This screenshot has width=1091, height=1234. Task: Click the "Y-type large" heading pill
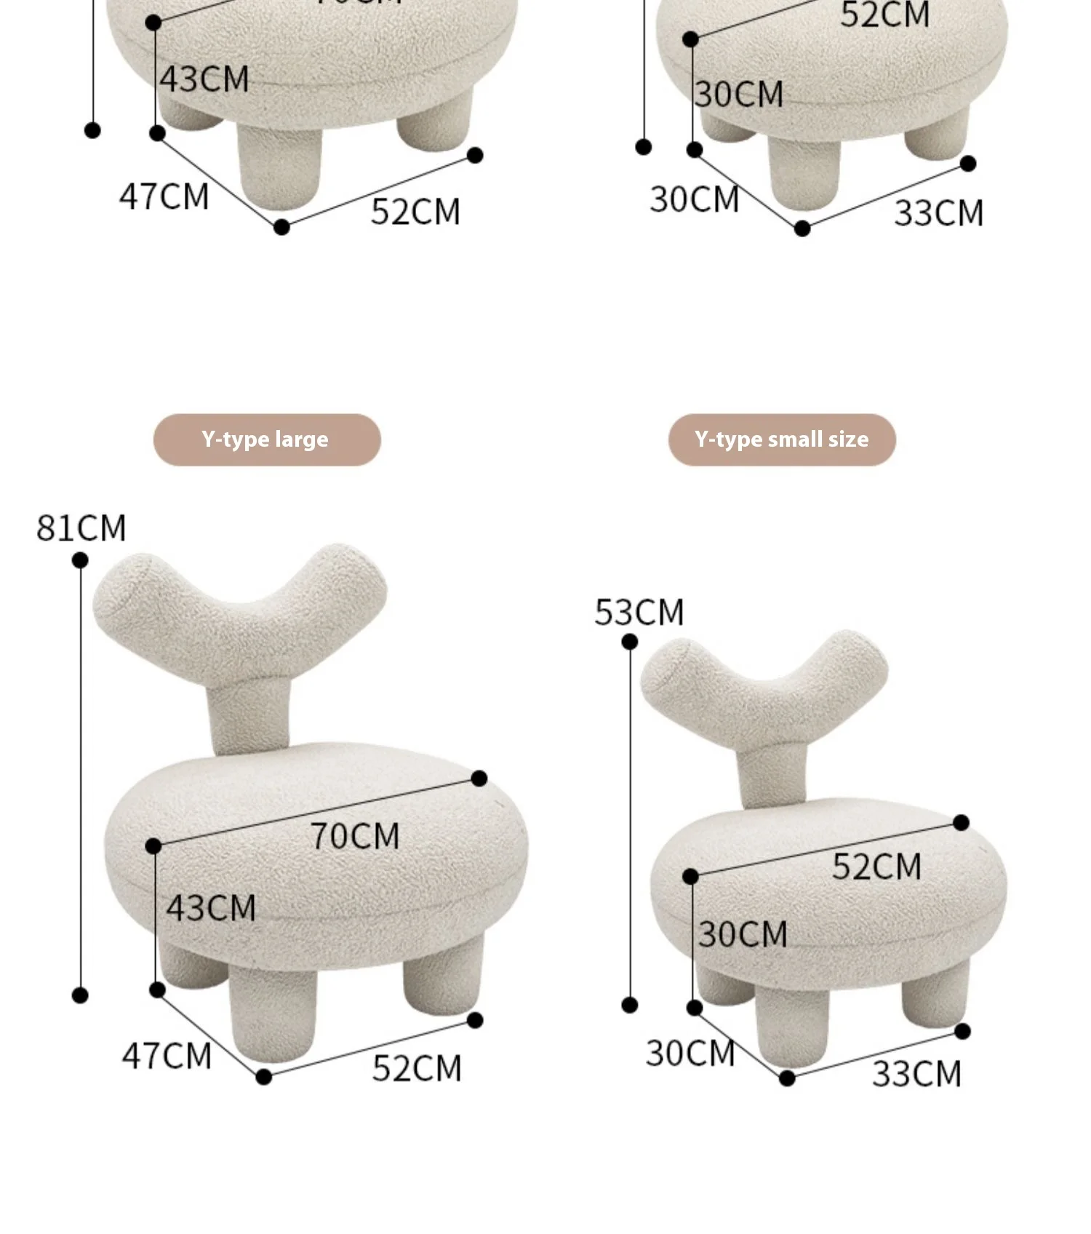(266, 439)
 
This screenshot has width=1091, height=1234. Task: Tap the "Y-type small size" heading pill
(781, 439)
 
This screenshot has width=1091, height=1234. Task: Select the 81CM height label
(81, 528)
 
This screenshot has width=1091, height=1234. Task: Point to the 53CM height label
(639, 613)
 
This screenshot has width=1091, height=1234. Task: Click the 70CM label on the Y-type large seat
(355, 836)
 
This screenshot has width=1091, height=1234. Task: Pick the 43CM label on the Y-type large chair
(211, 909)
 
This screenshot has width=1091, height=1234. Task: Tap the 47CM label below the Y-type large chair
(167, 1056)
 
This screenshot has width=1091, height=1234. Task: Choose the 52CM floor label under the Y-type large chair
(417, 1069)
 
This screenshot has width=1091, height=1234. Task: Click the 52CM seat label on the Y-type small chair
(876, 867)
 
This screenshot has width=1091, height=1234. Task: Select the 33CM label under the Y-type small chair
(916, 1074)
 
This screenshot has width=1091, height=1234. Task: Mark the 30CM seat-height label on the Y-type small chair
(743, 934)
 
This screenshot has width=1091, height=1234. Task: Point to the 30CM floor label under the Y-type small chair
(690, 1054)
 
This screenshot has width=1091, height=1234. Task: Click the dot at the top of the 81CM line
(80, 560)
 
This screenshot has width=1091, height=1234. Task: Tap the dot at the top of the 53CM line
(630, 642)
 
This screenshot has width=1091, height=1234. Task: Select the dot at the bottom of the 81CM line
(80, 995)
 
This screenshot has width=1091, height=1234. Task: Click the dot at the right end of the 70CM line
(479, 779)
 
